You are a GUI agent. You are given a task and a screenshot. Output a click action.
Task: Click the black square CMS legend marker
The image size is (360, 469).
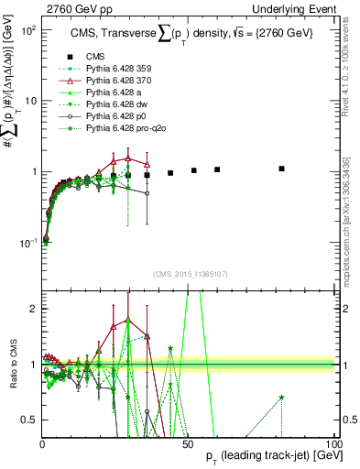[x=70, y=56]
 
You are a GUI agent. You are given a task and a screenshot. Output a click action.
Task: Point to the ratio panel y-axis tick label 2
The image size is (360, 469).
[x=33, y=309]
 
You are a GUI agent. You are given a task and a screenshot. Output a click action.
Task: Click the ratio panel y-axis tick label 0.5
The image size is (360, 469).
[x=29, y=420]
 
